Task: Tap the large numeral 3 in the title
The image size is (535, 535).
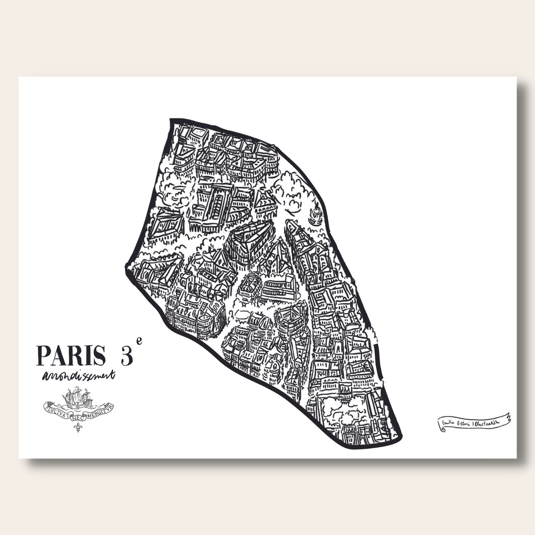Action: pyautogui.click(x=127, y=356)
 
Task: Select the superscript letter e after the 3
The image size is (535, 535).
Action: pyautogui.click(x=139, y=341)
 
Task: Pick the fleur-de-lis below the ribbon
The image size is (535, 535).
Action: pyautogui.click(x=78, y=428)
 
